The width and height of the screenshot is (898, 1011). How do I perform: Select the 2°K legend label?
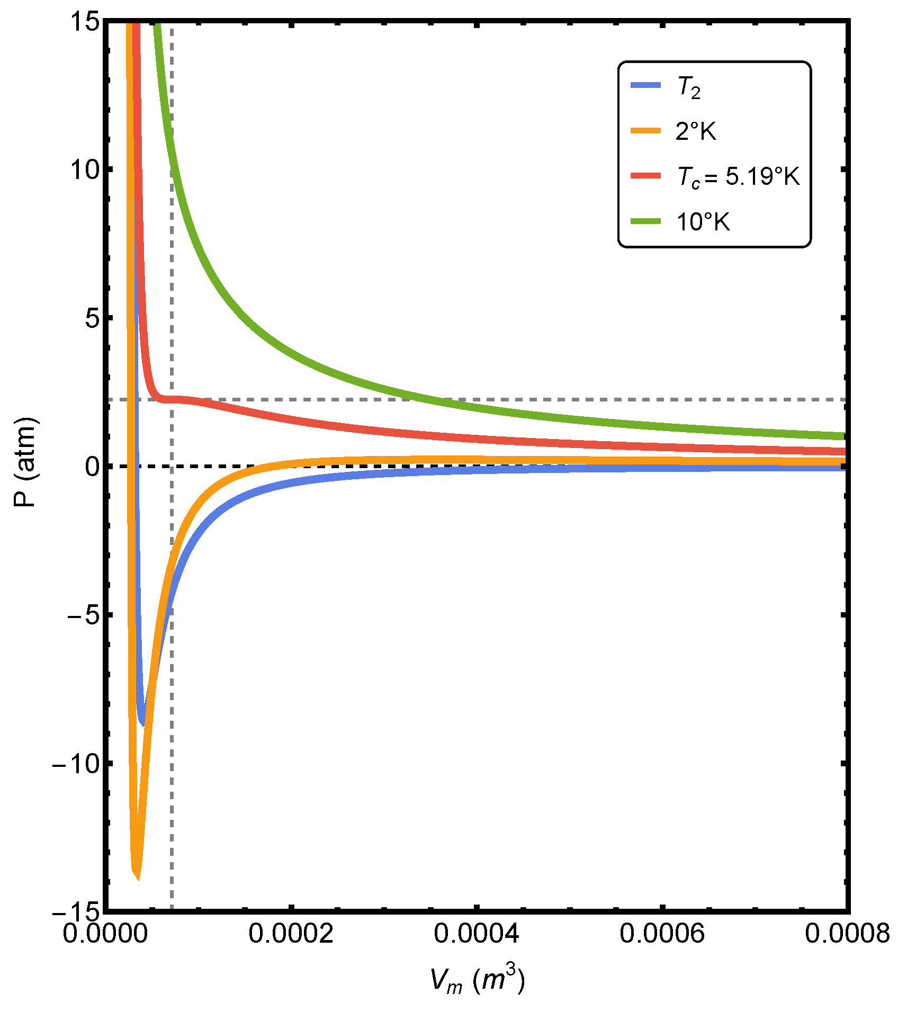(696, 131)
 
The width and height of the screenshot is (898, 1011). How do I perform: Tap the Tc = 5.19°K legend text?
(738, 176)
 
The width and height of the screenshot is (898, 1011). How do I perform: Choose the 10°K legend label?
(703, 222)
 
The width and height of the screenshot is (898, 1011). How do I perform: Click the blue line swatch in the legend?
(646, 85)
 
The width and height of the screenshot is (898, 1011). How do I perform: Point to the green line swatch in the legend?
(646, 221)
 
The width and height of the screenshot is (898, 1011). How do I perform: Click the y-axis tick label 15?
(84, 23)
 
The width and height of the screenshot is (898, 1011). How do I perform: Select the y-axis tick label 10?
(84, 171)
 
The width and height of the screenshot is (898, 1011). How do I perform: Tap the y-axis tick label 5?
(91, 319)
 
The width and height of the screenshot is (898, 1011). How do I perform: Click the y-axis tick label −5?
(79, 616)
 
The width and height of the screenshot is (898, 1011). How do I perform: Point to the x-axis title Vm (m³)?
(477, 981)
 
